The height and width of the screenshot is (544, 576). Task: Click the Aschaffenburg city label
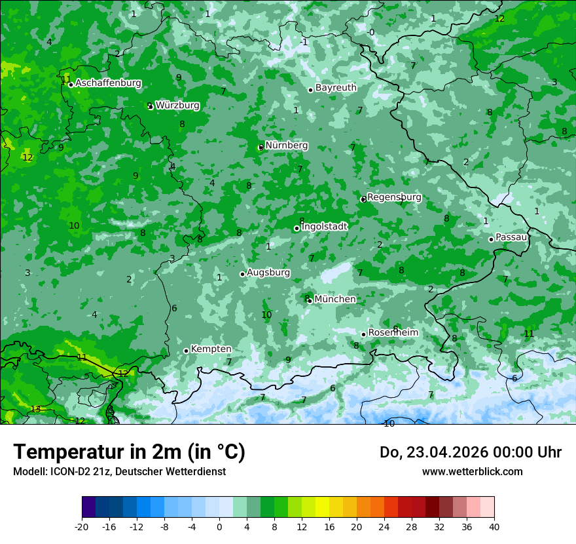108,83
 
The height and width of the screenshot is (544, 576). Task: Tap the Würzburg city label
177,105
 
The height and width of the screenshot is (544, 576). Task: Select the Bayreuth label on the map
336,87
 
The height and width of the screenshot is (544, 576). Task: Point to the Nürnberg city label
287,145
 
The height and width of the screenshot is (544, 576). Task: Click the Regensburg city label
394,197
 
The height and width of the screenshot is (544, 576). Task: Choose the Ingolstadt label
325,226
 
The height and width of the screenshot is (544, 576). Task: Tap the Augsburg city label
268,272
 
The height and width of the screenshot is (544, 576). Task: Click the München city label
335,299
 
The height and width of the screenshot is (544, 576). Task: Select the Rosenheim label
393,332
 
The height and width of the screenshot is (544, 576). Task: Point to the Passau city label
511,237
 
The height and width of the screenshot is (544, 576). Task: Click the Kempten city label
211,349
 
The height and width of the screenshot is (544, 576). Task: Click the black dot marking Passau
491,239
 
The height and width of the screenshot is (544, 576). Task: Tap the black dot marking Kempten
186,351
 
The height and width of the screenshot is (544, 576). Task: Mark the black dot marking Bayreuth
310,90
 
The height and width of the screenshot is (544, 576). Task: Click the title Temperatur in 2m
129,452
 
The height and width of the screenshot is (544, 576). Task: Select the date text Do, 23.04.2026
434,452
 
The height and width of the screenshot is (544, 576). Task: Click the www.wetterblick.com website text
472,471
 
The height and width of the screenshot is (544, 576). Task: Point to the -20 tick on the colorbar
82,526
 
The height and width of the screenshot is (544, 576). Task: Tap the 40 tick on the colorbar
494,526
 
